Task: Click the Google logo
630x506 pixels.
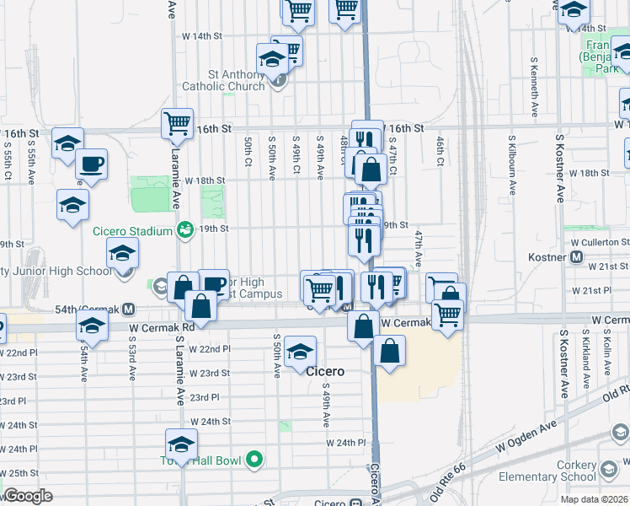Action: point(27,495)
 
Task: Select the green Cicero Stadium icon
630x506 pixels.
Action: point(184,229)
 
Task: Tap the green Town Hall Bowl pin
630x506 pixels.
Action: point(251,460)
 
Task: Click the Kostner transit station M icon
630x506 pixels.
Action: point(577,256)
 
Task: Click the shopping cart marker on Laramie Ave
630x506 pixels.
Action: point(178,123)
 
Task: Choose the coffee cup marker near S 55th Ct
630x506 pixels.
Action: point(92,163)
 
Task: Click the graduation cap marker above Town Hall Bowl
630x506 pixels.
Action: point(181,444)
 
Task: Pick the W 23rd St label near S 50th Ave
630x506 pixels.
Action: point(209,373)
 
